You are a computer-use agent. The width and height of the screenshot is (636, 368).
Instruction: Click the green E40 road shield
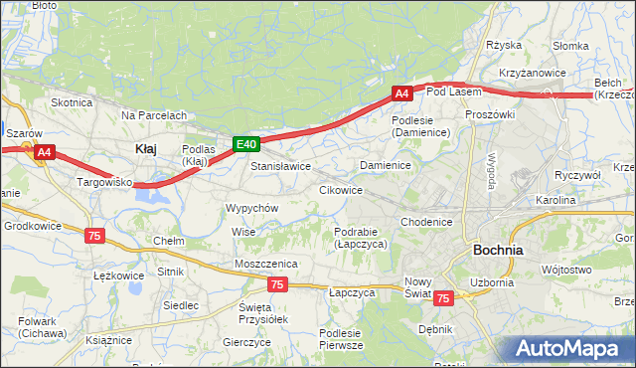[247, 144]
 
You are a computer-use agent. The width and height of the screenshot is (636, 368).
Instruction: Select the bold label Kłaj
[145, 148]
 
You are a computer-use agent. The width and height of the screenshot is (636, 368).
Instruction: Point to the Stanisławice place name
[280, 166]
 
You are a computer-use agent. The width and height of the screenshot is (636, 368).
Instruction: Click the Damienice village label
[386, 164]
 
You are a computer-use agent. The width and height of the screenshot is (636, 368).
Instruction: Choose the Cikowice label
[340, 189]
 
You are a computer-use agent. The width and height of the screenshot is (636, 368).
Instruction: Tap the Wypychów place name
[251, 208]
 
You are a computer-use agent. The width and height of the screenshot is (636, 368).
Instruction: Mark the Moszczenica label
[266, 263]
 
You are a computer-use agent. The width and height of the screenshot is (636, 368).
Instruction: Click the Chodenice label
[427, 221]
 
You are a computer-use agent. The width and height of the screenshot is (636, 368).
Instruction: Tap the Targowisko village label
[105, 183]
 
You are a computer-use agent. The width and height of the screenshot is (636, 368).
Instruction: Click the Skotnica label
[72, 101]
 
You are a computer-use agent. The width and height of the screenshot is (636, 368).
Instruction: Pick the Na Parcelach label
[154, 115]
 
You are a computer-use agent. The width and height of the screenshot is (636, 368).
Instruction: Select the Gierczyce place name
[247, 341]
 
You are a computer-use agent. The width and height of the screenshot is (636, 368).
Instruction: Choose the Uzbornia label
[492, 281]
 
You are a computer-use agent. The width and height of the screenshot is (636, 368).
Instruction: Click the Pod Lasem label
[453, 92]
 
